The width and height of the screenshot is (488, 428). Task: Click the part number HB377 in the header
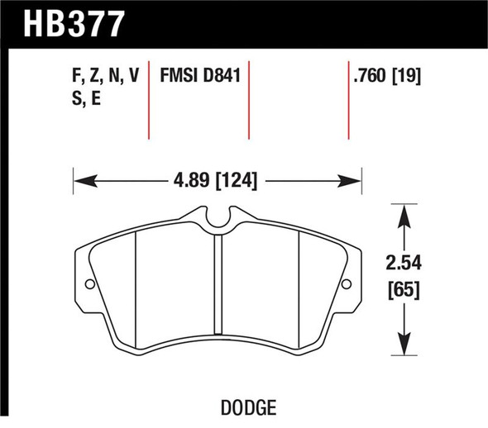(x=74, y=24)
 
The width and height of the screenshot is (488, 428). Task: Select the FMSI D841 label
(x=200, y=75)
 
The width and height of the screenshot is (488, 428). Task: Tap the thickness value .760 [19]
(x=387, y=75)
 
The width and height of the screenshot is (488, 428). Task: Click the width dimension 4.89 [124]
(x=215, y=181)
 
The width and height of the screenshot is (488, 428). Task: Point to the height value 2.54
(x=404, y=263)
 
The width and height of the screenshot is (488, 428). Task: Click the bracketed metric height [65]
(x=404, y=290)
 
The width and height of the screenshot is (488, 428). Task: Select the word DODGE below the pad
(x=248, y=407)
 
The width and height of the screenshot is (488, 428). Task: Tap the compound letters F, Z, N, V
(x=105, y=75)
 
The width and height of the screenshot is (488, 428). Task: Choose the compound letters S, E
(x=87, y=98)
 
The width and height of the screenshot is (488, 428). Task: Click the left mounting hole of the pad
(x=90, y=283)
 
